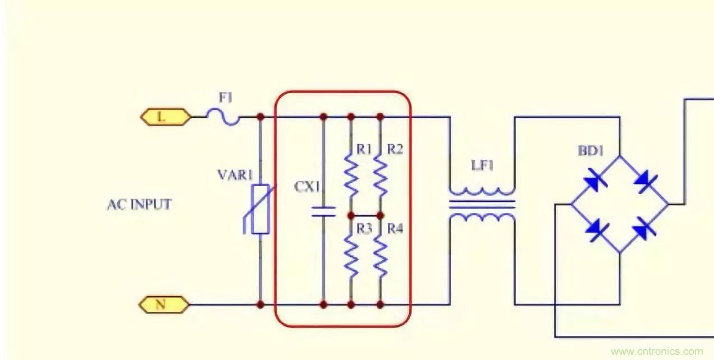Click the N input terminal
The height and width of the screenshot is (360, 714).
(x=161, y=304)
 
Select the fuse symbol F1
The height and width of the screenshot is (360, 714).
(x=223, y=117)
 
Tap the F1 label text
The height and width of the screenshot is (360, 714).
(x=225, y=98)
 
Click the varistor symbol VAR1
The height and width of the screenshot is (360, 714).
(x=260, y=209)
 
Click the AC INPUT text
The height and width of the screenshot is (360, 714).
(x=139, y=205)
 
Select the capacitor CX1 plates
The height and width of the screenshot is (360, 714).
(x=323, y=211)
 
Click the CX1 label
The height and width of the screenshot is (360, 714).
(x=307, y=187)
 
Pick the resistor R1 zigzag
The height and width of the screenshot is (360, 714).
(x=351, y=176)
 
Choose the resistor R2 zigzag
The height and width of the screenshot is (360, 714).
(x=380, y=176)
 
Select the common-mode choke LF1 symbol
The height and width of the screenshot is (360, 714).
(x=481, y=205)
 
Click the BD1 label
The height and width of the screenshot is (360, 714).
(x=591, y=151)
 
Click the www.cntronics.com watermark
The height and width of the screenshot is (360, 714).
(x=656, y=352)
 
